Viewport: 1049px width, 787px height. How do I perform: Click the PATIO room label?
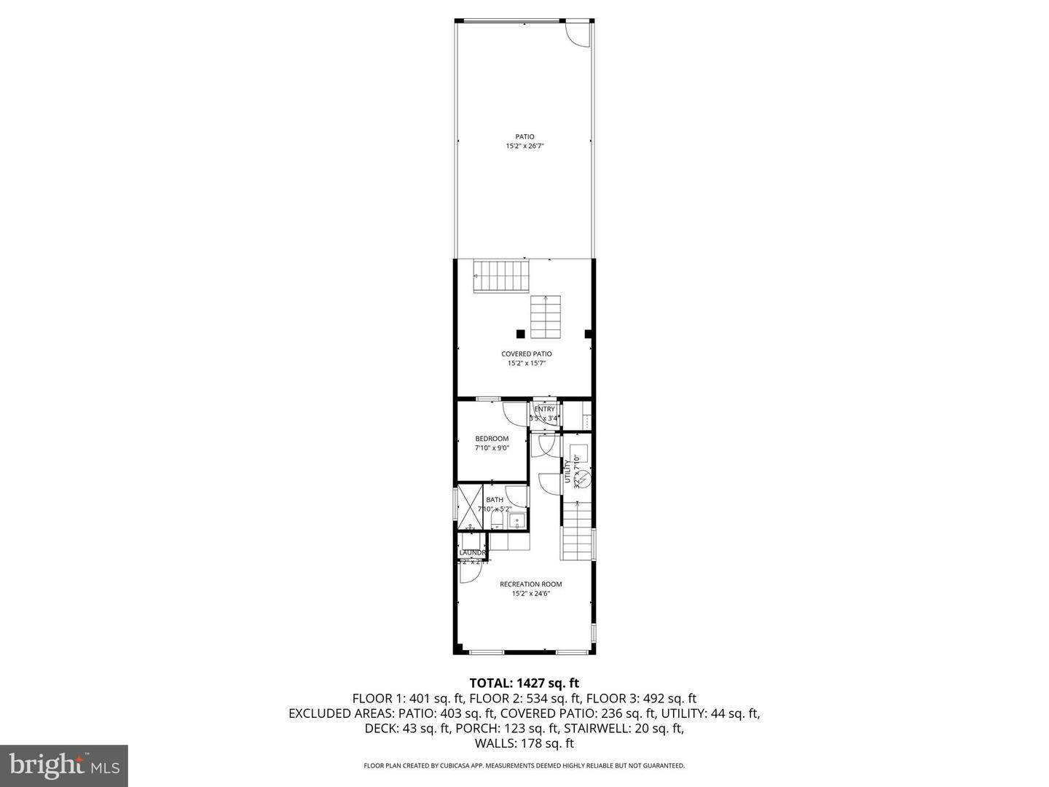coord(524,136)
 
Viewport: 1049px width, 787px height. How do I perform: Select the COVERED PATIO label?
coord(526,354)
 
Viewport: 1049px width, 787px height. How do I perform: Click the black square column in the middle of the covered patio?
coord(520,334)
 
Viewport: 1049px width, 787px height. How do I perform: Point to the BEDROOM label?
coord(492,439)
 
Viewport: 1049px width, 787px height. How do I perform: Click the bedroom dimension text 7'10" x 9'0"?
coord(492,448)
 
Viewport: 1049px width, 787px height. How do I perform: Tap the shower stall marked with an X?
coord(471,506)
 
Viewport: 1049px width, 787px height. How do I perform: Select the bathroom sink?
coord(516,520)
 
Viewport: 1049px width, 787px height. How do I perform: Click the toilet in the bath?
coord(496,519)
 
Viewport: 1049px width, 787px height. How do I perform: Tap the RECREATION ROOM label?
coord(530,584)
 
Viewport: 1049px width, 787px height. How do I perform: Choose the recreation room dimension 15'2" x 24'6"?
coord(530,593)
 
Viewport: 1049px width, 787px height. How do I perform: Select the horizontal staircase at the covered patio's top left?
coord(501,275)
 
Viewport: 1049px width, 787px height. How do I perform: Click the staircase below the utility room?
coord(577,533)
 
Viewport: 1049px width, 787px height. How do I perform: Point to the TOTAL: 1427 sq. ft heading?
coord(524,683)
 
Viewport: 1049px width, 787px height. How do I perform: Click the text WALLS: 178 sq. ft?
coord(524,743)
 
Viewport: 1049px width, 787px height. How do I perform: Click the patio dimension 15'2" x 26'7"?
coord(524,146)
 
